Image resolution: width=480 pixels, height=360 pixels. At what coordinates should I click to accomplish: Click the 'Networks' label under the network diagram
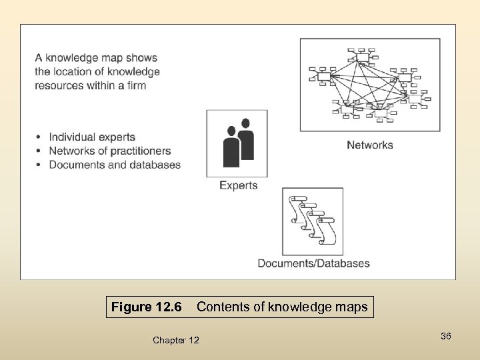(x=370, y=145)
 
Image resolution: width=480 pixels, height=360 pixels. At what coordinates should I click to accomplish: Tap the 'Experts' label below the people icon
(x=238, y=185)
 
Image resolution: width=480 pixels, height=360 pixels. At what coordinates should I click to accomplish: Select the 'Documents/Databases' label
(x=313, y=263)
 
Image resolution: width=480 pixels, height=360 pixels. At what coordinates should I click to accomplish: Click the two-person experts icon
(x=237, y=142)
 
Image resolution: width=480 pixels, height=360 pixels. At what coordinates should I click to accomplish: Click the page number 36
(x=446, y=337)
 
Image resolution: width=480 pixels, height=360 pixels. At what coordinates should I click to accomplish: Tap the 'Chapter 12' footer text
(x=175, y=341)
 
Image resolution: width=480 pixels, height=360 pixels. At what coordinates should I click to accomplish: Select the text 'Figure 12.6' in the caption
(x=146, y=307)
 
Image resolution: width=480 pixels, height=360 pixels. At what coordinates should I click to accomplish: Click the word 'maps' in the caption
(x=351, y=307)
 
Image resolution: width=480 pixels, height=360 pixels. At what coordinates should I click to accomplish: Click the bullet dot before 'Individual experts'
(x=39, y=137)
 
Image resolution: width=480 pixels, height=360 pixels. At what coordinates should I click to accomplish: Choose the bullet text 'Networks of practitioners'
(x=110, y=151)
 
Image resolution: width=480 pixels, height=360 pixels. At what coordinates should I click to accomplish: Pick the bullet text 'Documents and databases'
(x=115, y=165)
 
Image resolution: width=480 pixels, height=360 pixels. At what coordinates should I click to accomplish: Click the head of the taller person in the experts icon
(x=245, y=123)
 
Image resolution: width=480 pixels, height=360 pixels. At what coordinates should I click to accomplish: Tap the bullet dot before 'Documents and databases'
(x=39, y=165)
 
